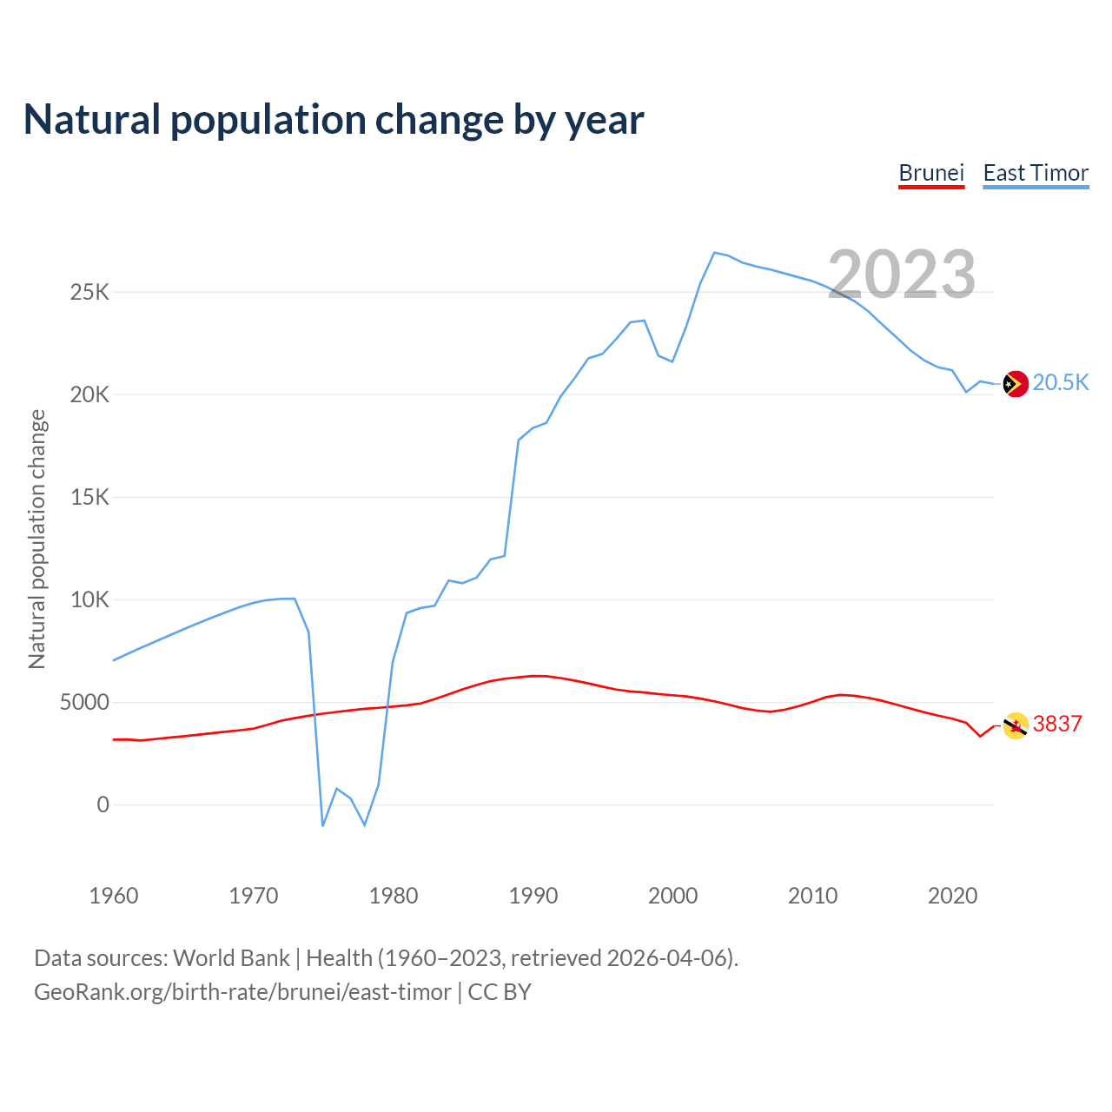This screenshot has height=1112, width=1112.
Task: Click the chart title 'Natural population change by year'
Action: pyautogui.click(x=334, y=120)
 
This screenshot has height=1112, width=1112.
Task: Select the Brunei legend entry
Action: pyautogui.click(x=931, y=173)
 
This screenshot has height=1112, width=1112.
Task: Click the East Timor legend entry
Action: pyautogui.click(x=1036, y=173)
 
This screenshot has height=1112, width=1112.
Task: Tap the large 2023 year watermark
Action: pyautogui.click(x=902, y=275)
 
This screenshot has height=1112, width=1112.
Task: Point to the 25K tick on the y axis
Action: pyautogui.click(x=89, y=292)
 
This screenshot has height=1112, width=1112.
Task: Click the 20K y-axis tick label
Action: pyautogui.click(x=89, y=395)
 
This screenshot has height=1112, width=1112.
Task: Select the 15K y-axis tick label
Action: pyautogui.click(x=89, y=498)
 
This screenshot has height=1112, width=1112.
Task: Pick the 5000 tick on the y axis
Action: pyautogui.click(x=84, y=703)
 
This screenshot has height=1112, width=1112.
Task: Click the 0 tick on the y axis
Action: pyautogui.click(x=103, y=805)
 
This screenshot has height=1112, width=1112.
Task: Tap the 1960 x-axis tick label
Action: pyautogui.click(x=114, y=896)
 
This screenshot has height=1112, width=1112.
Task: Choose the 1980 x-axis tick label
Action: pyautogui.click(x=394, y=896)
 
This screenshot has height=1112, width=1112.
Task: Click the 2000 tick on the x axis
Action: pyautogui.click(x=673, y=896)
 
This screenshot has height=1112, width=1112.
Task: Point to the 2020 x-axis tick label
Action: pyautogui.click(x=953, y=896)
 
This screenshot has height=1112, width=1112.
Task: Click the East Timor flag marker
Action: pyautogui.click(x=1016, y=383)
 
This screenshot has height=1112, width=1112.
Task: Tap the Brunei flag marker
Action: pyautogui.click(x=1016, y=725)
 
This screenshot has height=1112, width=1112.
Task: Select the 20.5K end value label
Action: pyautogui.click(x=1061, y=383)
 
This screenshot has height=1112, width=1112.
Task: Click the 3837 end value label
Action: pyautogui.click(x=1057, y=725)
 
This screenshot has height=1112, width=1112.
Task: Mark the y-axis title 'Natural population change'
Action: pyautogui.click(x=37, y=539)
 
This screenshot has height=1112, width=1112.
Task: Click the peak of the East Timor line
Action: pyautogui.click(x=714, y=253)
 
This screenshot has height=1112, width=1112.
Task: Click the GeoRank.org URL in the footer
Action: pyautogui.click(x=242, y=992)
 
